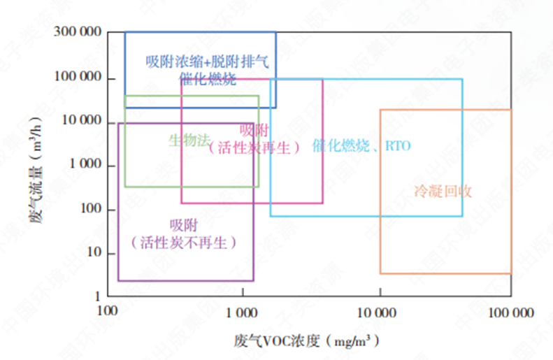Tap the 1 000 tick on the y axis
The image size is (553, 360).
83,166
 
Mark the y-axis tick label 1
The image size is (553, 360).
97,296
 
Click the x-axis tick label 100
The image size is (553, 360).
107,312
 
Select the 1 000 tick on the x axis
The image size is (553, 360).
243,312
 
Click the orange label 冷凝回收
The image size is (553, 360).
443,191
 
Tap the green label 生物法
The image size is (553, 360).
189,140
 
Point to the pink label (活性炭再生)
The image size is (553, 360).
254,147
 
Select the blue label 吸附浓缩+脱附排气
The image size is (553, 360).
207,62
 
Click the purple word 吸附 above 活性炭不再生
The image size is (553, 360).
184,225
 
